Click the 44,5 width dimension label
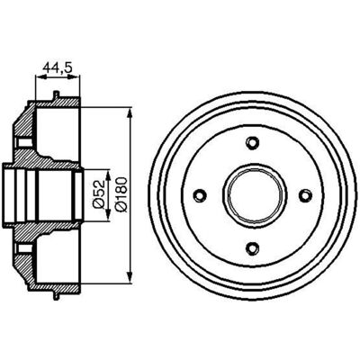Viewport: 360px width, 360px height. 58,67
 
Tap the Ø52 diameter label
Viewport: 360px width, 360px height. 98,195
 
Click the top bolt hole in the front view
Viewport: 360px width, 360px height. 253,142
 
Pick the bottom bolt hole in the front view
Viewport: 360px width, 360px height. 253,247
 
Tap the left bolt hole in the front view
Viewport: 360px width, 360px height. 200,195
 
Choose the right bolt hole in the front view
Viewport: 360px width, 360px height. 305,195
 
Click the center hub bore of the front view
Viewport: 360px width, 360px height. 255,195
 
